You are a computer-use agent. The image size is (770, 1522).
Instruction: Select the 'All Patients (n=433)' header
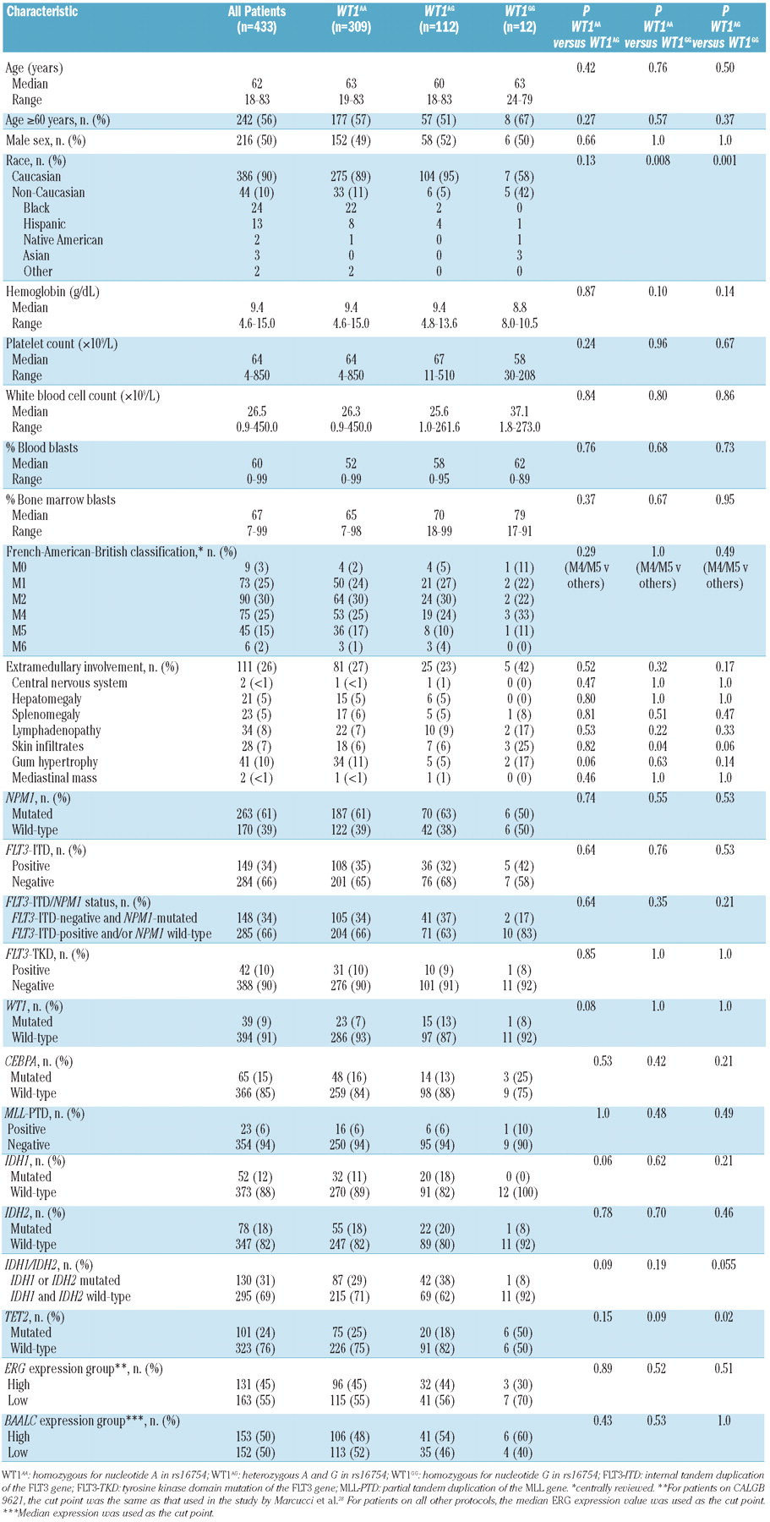(x=257, y=19)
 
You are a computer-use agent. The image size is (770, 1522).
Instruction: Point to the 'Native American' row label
(x=63, y=239)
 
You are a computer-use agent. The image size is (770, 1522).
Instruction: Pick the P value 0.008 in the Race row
(x=658, y=161)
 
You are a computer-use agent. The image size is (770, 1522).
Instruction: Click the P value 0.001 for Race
(x=725, y=161)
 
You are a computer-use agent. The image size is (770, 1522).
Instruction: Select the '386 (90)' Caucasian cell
(x=257, y=177)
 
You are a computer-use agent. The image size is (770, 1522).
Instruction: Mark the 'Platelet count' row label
(x=61, y=344)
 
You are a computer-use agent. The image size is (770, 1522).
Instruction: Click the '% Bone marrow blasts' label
(x=60, y=500)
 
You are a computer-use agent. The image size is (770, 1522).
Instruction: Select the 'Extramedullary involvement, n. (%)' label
(x=92, y=667)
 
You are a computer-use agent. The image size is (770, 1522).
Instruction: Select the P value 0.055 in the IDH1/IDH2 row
(x=725, y=1265)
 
